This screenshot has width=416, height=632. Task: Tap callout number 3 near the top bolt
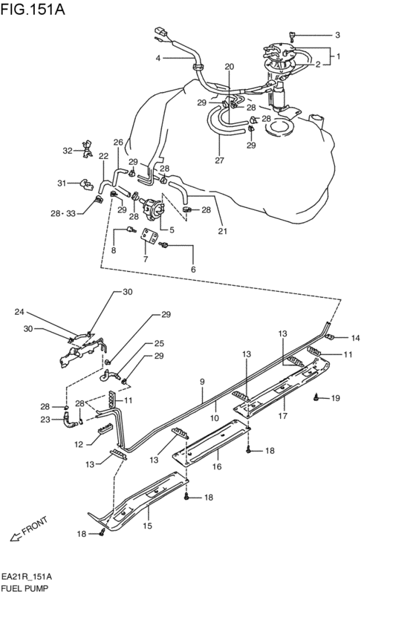pos(337,35)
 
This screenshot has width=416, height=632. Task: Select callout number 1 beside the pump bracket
pos(338,56)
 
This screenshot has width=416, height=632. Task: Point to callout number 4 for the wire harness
pos(157,58)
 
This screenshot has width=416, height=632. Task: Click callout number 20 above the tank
pos(229,67)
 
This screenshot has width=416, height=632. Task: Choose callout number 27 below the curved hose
pos(219,160)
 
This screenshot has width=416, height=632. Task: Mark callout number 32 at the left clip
pos(68,151)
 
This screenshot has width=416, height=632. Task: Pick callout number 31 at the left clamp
pos(62,183)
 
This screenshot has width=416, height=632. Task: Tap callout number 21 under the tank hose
pos(222,231)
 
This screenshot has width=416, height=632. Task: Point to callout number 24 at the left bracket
pos(20,312)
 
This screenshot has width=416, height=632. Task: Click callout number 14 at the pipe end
pos(355,338)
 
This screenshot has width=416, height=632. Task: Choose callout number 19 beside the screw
pos(335,399)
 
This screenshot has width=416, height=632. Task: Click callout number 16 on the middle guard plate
pos(217,467)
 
